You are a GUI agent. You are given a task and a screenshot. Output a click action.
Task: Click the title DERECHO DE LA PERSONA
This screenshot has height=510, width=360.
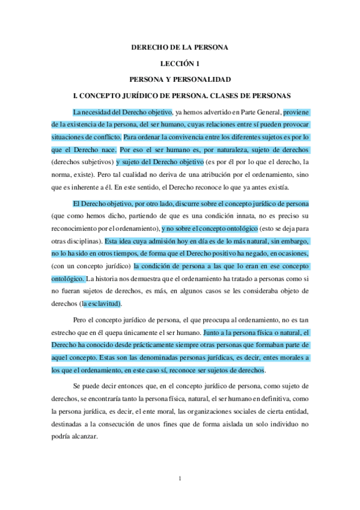coord(180,47)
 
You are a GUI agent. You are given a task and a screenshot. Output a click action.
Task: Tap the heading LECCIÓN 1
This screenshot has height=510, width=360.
coord(180,63)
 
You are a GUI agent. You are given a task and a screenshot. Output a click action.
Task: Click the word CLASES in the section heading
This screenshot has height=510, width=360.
coord(226,96)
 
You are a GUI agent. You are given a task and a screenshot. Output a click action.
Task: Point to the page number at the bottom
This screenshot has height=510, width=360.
coord(180,479)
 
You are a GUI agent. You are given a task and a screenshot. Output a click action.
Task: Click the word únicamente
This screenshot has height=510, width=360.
coord(148,332)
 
